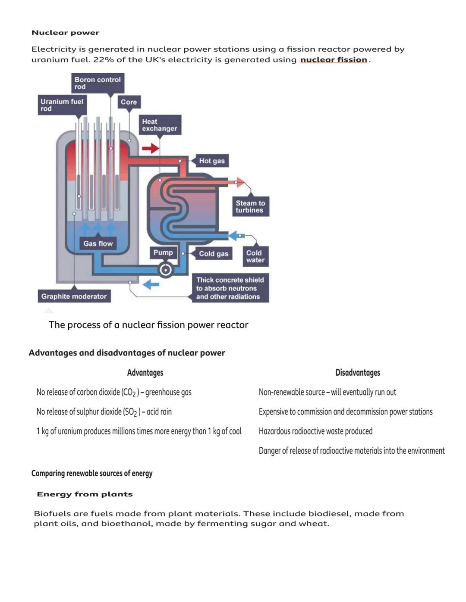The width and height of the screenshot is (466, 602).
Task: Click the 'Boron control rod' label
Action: coord(98,83)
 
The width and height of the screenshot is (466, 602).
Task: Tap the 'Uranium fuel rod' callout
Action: coord(62,105)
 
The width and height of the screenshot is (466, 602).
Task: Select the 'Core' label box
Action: coord(129,102)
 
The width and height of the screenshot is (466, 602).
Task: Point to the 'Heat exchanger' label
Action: coord(159,125)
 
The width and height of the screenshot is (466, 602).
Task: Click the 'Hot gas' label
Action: coord(211,161)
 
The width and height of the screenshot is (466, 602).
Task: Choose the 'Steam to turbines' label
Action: coord(250,206)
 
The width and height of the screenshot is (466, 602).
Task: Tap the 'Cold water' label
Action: coord(255,256)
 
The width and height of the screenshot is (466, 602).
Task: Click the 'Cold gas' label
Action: coord(213,254)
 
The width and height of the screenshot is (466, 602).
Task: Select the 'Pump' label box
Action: coord(163,253)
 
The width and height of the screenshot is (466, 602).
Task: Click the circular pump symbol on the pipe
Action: coord(165,270)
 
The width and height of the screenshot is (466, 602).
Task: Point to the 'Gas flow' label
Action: coord(98,243)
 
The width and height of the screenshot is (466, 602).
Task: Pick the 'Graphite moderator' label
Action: coord(74,296)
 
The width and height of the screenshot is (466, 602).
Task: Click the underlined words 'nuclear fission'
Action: coord(334,60)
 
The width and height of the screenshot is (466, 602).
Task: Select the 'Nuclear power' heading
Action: coord(66,33)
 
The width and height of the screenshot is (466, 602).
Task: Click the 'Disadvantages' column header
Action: coord(358,372)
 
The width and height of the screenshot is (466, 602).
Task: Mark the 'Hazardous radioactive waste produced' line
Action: coord(315,431)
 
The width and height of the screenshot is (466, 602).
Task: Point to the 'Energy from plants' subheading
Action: coord(85,494)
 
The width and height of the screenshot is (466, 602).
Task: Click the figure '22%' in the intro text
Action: coord(104,60)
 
